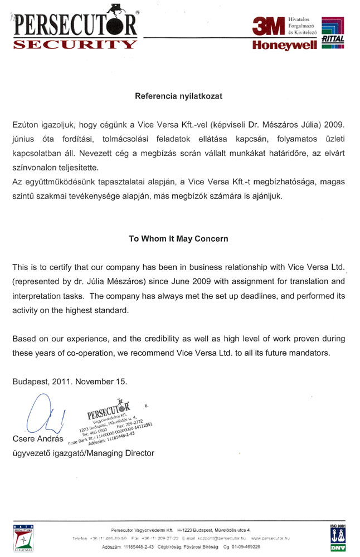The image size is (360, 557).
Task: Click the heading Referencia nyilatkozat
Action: (x=179, y=96)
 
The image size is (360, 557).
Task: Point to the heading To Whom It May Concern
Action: (x=178, y=238)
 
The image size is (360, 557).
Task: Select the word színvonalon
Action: (x=33, y=167)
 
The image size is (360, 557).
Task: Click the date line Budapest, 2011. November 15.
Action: (x=70, y=382)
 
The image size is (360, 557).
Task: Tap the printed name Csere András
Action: (x=37, y=439)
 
